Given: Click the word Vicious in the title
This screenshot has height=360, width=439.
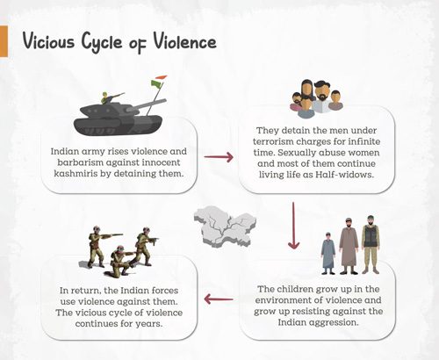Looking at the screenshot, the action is click(x=48, y=40).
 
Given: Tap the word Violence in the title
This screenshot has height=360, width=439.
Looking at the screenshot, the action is click(x=184, y=41).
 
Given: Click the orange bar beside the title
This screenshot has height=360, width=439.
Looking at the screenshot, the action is click(x=4, y=41).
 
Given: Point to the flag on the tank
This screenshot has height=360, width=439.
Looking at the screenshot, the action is click(x=158, y=82).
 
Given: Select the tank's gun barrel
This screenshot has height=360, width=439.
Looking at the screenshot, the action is click(x=149, y=104).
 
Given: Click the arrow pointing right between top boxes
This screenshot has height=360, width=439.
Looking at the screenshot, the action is click(x=219, y=157).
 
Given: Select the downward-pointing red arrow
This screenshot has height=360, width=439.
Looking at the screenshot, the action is click(x=293, y=226).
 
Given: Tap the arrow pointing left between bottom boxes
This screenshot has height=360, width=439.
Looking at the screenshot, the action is click(x=219, y=299).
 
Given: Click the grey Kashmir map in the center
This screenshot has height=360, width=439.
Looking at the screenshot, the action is click(x=225, y=226).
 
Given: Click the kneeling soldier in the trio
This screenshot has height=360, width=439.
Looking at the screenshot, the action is click(x=120, y=261).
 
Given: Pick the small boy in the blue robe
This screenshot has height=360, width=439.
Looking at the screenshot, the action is click(x=328, y=253).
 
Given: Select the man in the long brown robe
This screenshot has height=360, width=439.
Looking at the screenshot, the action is click(x=349, y=246).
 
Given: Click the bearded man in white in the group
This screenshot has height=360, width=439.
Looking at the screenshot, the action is click(x=321, y=98).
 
